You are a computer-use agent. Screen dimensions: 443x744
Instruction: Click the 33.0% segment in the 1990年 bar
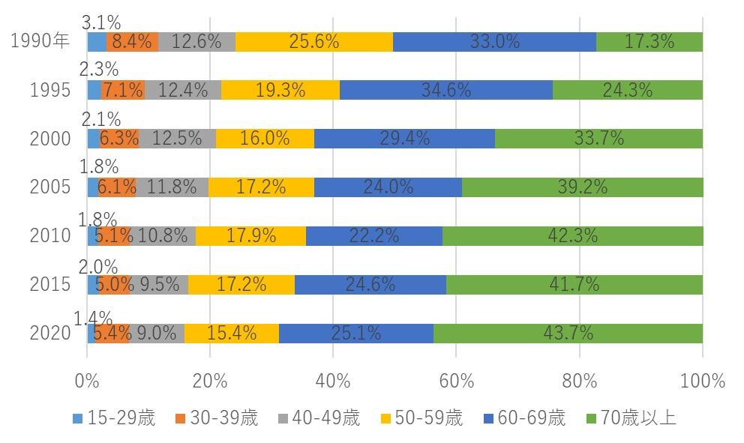[494, 42]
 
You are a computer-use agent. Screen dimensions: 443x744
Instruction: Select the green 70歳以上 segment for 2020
[568, 333]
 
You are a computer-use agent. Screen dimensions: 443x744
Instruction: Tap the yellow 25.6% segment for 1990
[314, 42]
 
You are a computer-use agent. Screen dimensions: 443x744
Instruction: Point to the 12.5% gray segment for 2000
[178, 139]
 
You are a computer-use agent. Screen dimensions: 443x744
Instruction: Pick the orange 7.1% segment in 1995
[123, 91]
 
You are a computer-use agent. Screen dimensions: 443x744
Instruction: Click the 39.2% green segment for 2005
[582, 187]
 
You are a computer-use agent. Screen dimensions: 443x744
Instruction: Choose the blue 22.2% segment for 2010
[373, 236]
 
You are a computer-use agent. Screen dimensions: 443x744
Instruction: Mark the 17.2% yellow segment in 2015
[241, 285]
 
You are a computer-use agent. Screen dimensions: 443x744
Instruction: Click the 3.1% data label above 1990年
[101, 22]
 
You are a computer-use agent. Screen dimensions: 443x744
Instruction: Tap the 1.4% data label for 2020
[93, 318]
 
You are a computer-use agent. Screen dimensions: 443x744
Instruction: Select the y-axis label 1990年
[40, 42]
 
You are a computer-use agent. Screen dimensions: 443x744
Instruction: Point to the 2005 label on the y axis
[50, 187]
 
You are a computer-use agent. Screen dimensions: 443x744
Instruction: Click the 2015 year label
[50, 285]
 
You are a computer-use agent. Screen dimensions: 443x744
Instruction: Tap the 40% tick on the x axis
[333, 381]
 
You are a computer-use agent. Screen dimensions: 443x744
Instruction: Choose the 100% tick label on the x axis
[702, 381]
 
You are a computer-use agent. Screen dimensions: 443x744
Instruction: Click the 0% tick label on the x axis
[88, 381]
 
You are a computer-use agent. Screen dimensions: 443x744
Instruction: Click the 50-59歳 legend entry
[420, 418]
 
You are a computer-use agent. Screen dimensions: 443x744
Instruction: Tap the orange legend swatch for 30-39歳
[181, 418]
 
